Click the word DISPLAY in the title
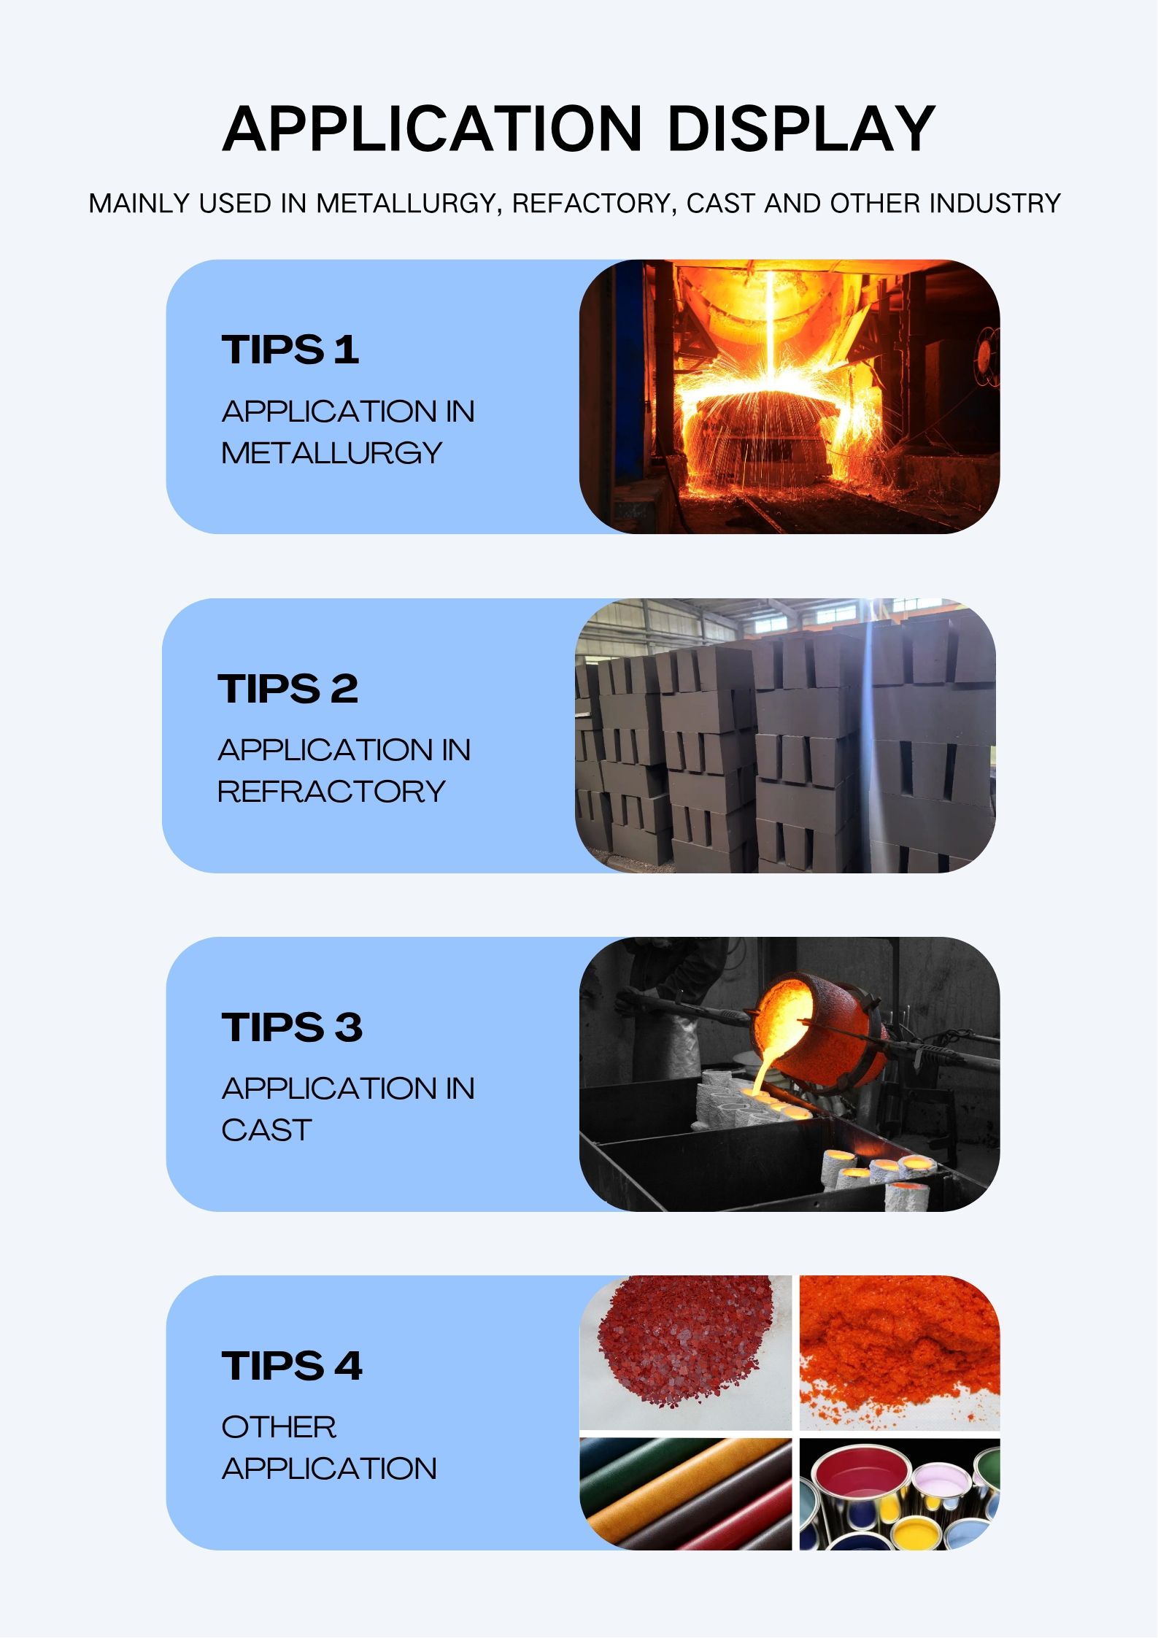coord(800,128)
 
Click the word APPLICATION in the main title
coord(432,128)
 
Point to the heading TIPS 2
coord(288,688)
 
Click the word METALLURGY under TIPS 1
coord(332,453)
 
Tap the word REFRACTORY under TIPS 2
coord(331,792)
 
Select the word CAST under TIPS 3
coord(266,1130)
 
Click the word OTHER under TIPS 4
coord(279,1427)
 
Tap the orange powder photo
coord(900,1353)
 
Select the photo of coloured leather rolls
coord(685,1494)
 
